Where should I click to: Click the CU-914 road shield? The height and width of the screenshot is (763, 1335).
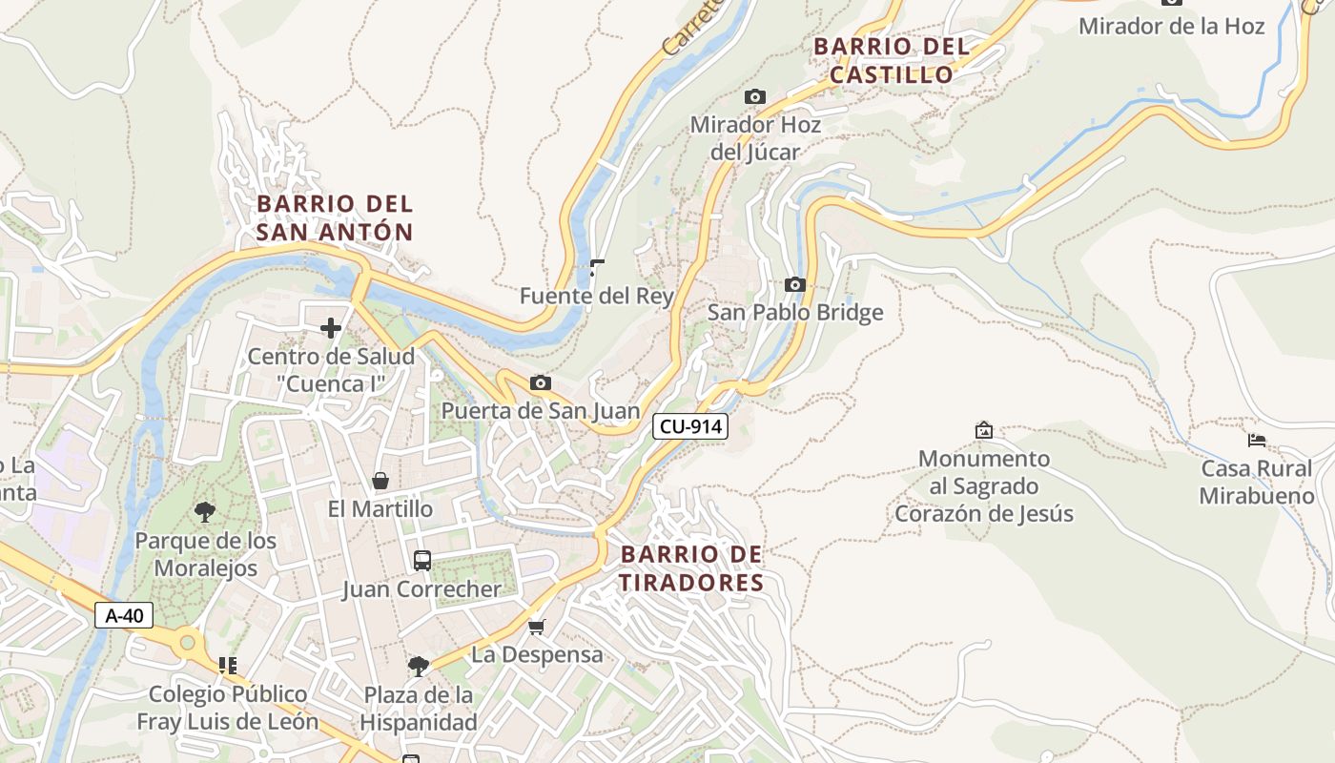689,426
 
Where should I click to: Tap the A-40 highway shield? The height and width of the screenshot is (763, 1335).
124,615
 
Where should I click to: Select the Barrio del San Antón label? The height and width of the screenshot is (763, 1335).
335,217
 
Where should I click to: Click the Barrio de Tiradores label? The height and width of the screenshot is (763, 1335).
691,568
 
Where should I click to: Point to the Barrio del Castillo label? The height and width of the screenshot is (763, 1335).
891,60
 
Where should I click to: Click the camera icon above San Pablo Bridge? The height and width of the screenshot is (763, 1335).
794,284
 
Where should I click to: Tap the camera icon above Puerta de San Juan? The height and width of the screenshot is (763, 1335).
541,382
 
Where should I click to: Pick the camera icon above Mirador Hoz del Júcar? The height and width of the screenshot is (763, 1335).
754,96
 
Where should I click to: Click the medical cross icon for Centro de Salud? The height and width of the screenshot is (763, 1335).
331,328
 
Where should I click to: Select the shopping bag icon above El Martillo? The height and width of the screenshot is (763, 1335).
380,481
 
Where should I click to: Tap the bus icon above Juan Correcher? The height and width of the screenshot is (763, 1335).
421,560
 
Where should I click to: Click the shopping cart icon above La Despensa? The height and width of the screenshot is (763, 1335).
537,627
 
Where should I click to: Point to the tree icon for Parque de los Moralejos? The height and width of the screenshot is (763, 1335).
204,512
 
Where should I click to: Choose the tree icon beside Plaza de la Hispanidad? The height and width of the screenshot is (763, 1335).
418,666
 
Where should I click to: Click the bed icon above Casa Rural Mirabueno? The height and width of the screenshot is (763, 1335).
1257,440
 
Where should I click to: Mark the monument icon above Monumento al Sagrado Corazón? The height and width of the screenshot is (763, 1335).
984,430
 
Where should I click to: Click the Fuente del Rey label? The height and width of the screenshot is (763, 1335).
597,297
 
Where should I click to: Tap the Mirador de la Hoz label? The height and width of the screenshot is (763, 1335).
1171,26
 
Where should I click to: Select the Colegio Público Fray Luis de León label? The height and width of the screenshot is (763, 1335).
228,708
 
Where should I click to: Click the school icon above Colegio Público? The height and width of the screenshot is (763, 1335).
227,665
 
